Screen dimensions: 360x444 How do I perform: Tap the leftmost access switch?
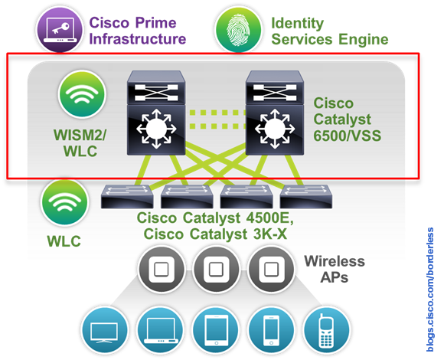coord(123,198)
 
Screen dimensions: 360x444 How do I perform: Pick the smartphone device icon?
coord(272,329)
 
